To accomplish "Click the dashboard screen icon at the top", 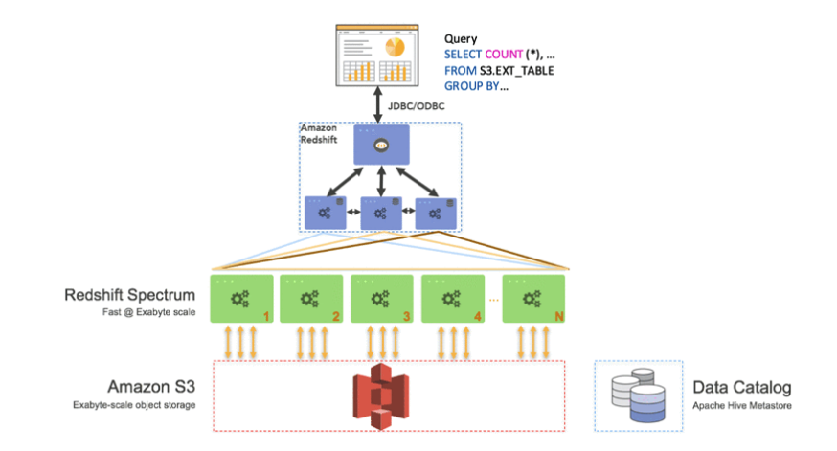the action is [377, 55].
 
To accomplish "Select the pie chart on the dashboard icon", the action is [395, 47].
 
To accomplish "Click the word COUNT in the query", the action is [504, 55].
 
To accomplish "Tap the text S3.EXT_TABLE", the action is [517, 71].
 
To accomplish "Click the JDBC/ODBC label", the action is [416, 106].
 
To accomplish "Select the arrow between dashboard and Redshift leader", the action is [378, 104].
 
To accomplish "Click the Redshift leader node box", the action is [381, 145].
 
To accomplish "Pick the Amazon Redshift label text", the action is [319, 134].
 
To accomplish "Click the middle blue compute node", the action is [381, 213].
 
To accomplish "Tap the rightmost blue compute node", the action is [436, 214].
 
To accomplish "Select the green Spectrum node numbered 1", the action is [242, 299].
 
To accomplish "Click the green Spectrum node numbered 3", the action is [382, 299].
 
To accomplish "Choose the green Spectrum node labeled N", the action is [533, 299].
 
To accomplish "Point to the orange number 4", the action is [477, 317].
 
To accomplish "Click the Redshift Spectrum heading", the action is [129, 295].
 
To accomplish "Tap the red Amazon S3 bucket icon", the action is [380, 396].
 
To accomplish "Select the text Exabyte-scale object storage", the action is [134, 405].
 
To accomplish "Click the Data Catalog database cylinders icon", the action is [639, 395].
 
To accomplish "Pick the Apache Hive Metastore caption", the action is [742, 406].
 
